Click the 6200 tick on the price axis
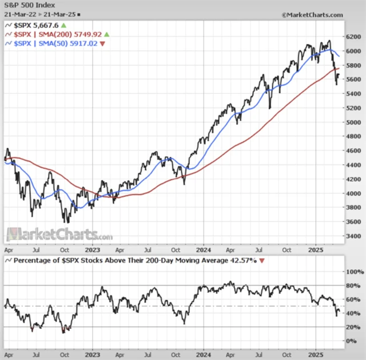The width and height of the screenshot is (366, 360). pyautogui.click(x=353, y=37)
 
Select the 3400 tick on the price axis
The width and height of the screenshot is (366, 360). pyautogui.click(x=353, y=236)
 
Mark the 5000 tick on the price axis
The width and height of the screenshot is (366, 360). pyautogui.click(x=353, y=122)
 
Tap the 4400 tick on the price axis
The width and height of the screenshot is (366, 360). pyautogui.click(x=353, y=165)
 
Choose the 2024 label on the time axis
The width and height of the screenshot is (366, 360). pyautogui.click(x=204, y=250)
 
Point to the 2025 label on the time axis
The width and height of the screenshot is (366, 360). pyautogui.click(x=316, y=250)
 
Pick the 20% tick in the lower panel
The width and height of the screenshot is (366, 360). pyautogui.click(x=352, y=327)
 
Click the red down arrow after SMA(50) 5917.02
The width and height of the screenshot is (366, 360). pyautogui.click(x=102, y=43)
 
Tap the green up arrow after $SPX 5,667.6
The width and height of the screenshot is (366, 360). pyautogui.click(x=63, y=26)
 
